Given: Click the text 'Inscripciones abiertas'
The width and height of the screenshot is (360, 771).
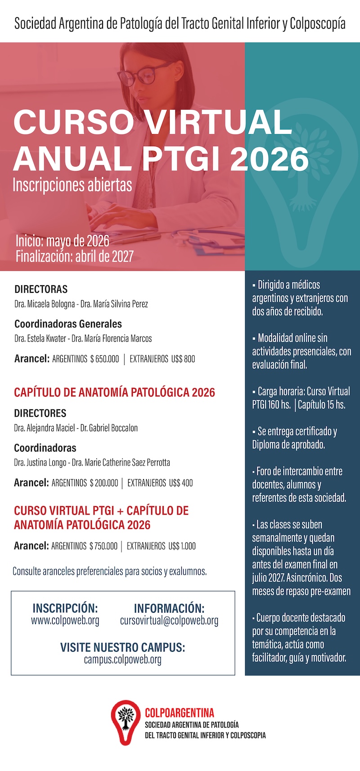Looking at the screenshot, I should [x=72, y=185].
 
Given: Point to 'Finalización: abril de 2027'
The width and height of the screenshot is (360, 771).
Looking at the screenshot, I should [x=75, y=256].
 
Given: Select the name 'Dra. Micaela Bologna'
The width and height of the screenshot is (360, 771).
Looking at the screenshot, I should [x=45, y=304].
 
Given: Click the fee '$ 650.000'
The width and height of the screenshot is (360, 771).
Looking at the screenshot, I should [x=104, y=359].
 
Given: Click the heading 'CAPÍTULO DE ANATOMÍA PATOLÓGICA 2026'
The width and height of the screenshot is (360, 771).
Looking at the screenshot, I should [x=114, y=392].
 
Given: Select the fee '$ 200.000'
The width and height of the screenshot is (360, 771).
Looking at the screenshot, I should [x=103, y=483].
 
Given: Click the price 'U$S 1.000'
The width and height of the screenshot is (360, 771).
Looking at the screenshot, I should [x=182, y=546].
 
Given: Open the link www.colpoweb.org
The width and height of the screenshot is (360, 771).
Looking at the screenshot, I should [x=65, y=621].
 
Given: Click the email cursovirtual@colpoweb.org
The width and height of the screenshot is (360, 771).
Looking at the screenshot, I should [x=169, y=621].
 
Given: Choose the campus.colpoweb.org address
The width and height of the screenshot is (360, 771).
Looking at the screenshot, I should [x=122, y=660].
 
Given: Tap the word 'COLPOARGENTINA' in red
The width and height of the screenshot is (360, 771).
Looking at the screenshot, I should [x=180, y=713].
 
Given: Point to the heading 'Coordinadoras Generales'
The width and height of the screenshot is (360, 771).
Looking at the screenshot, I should [x=68, y=324].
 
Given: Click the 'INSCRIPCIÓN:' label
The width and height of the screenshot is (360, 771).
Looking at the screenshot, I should [x=65, y=608].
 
